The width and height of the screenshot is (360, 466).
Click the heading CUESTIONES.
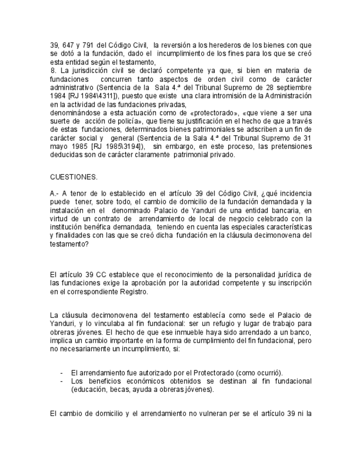pyautogui.click(x=74, y=177)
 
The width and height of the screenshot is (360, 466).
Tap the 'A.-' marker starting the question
pyautogui.click(x=54, y=193)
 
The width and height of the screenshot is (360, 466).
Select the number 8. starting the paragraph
pyautogui.click(x=53, y=70)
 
